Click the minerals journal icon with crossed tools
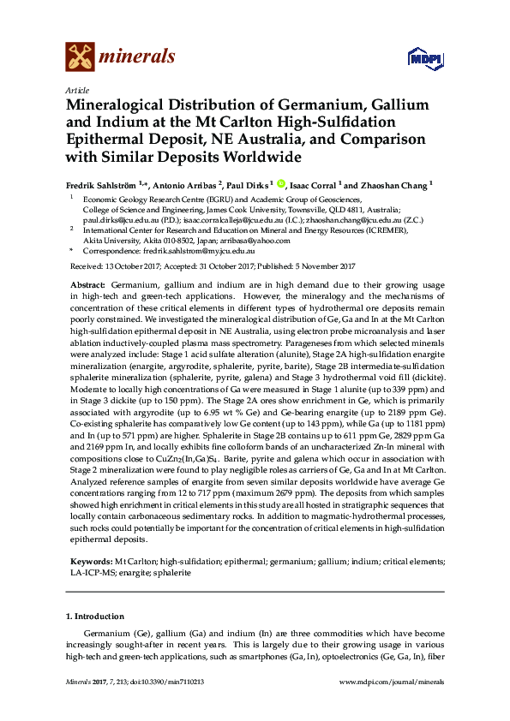tap(80, 57)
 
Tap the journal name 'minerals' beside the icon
tap(138, 57)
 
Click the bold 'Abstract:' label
tap(87, 283)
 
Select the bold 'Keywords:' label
tap(91, 562)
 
